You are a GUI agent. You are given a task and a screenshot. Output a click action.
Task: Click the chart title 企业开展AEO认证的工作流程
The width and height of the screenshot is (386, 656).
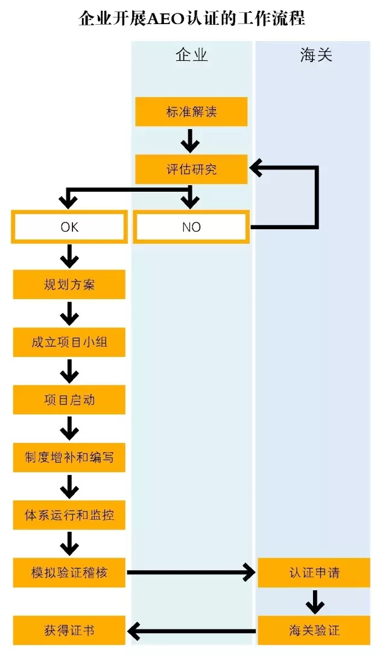[x=192, y=19]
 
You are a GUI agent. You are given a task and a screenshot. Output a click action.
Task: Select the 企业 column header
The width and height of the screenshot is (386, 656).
[x=191, y=55]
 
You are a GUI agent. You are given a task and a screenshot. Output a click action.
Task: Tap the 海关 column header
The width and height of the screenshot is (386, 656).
[x=316, y=55]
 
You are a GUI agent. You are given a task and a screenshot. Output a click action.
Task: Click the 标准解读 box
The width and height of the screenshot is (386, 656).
[x=191, y=112]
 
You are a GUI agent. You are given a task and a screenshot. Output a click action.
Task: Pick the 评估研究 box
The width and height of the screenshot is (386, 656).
[x=191, y=169]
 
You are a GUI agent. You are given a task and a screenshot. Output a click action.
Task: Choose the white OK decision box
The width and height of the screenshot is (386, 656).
[x=69, y=227]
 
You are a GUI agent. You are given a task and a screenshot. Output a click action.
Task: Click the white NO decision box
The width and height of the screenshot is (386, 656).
[x=191, y=227]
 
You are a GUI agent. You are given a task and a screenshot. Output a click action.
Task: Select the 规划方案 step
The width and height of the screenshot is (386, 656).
[x=69, y=285]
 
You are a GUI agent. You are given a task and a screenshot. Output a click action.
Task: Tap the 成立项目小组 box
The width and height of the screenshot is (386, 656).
[x=69, y=342]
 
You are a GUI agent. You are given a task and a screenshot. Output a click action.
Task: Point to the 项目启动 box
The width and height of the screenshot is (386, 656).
[x=69, y=400]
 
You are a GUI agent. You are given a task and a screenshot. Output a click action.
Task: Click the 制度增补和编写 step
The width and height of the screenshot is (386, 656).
[x=69, y=458]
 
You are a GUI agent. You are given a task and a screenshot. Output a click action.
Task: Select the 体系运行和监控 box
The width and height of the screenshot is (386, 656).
[x=69, y=515]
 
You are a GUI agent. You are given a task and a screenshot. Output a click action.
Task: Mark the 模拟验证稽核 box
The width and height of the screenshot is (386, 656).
[x=69, y=572]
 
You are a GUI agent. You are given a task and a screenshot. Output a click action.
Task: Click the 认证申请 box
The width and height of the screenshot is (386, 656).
[x=314, y=572]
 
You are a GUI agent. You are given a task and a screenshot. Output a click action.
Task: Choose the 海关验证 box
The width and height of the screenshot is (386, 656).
[x=314, y=631]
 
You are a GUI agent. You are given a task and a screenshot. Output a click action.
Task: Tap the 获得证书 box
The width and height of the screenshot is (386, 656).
[x=69, y=631]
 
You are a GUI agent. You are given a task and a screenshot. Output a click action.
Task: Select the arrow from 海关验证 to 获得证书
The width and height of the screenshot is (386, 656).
[x=191, y=631]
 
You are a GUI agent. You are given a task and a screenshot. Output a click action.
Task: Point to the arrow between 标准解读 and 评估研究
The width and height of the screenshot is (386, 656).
[x=191, y=140]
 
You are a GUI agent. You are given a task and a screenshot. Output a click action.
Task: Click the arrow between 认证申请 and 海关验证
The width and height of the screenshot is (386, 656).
[x=314, y=601]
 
